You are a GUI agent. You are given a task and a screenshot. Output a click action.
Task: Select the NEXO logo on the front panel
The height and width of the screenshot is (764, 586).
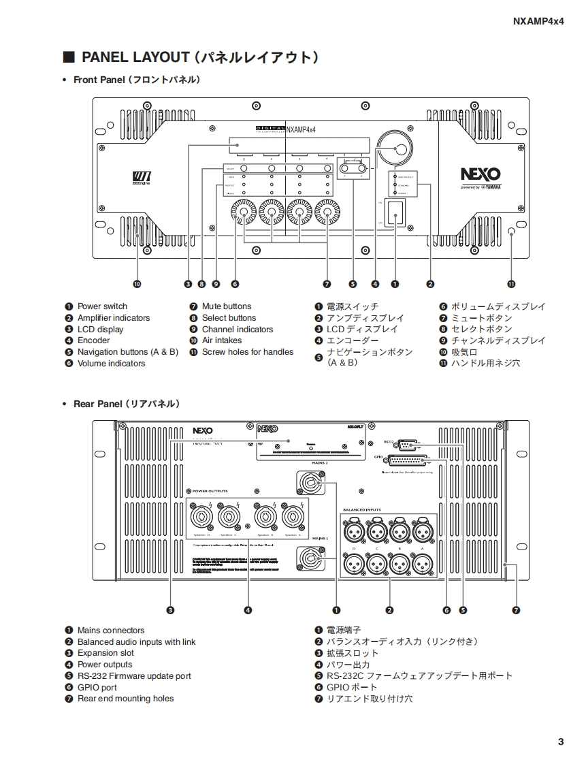[480, 174]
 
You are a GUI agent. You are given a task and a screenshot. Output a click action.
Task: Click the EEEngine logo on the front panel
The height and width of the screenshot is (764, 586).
[141, 177]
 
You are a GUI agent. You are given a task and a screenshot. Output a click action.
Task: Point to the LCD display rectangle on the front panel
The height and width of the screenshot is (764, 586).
[299, 144]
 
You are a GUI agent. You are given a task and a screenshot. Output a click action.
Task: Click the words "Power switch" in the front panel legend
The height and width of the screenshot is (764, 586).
[102, 306]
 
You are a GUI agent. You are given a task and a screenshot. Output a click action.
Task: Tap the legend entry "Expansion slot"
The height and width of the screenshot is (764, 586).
[105, 653]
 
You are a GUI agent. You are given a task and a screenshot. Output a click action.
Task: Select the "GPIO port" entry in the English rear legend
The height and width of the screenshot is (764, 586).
[97, 687]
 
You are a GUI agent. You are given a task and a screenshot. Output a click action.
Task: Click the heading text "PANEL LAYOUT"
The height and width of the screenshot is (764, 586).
[135, 57]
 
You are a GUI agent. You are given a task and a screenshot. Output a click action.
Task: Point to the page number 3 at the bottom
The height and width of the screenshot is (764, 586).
[561, 742]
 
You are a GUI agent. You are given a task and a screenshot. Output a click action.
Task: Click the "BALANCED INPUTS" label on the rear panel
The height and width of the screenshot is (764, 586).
[361, 509]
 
